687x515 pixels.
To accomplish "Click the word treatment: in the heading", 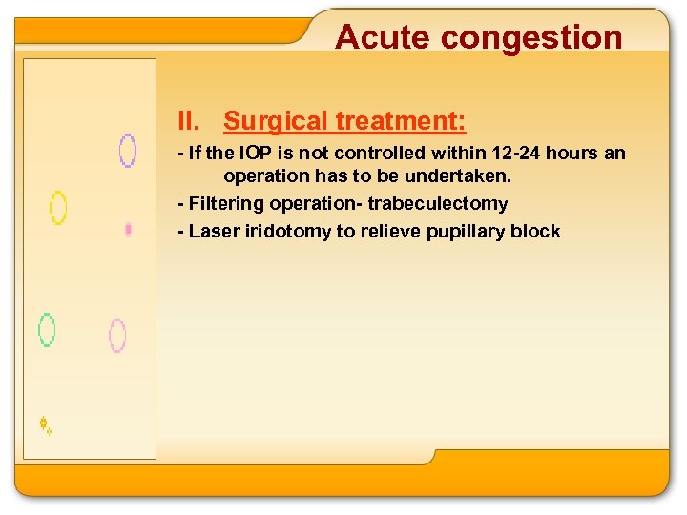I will (x=400, y=121).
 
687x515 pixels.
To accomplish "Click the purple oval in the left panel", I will (x=127, y=151).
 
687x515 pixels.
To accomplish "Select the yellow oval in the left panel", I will (x=58, y=207).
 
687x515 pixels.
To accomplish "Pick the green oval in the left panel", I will (x=46, y=329).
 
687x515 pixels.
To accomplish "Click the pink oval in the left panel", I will (x=117, y=336).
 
